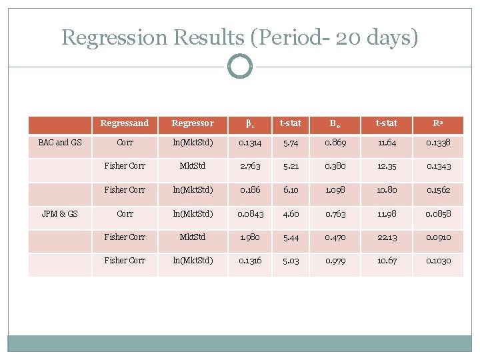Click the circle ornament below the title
240,67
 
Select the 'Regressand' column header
125,123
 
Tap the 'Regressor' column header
193,123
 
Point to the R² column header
438,123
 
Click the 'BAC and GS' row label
60,142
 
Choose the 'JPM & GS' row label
60,213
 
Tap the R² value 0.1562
438,190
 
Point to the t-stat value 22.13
387,237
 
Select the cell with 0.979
335,261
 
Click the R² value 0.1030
438,261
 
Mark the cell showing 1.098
335,190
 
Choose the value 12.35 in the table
387,166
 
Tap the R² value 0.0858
438,213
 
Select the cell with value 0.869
335,142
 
